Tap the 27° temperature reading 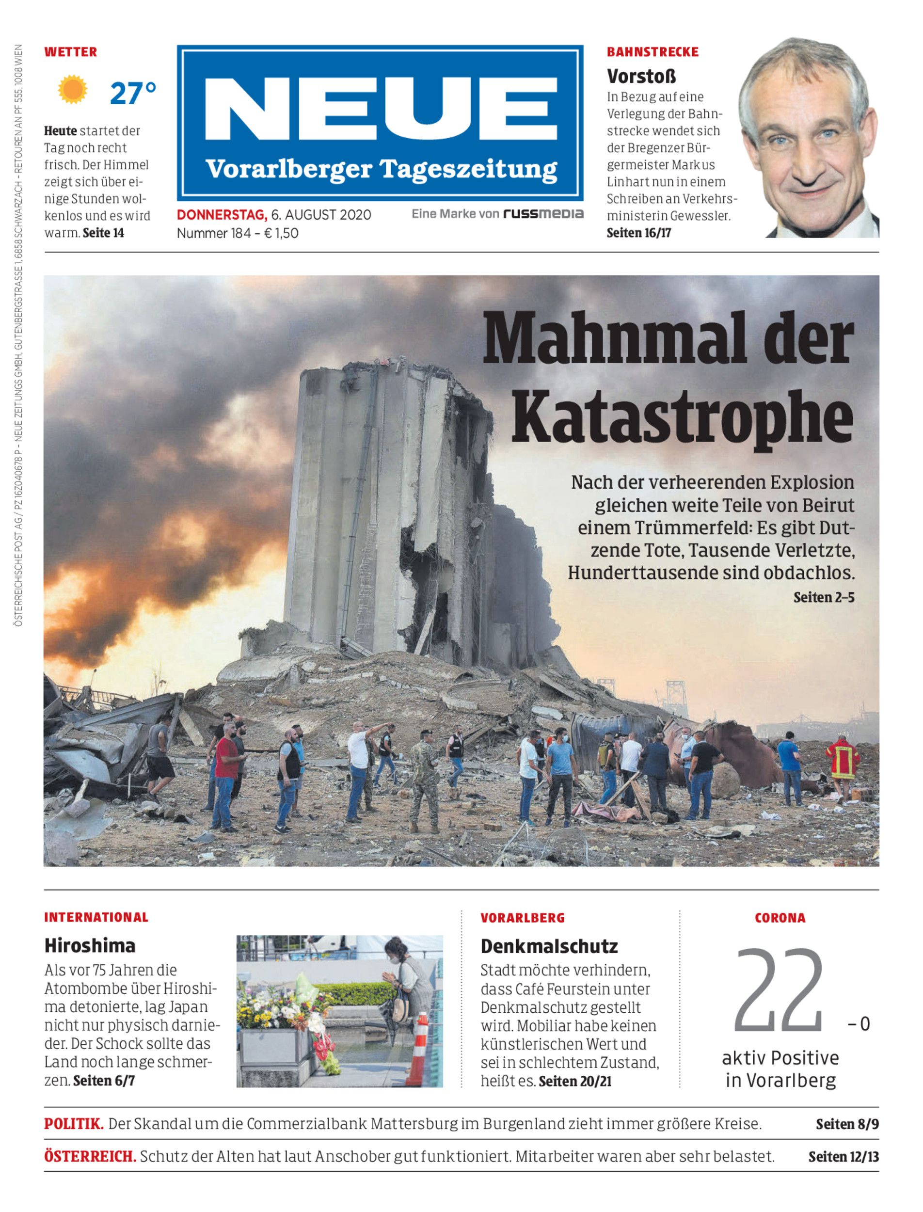click(x=133, y=93)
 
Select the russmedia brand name click(x=543, y=214)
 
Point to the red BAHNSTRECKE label click(x=652, y=52)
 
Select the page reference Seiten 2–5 click(x=824, y=597)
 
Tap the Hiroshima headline click(x=90, y=945)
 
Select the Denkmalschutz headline click(x=549, y=946)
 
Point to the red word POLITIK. click(x=74, y=1124)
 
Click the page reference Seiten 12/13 click(x=843, y=1157)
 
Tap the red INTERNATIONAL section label click(x=96, y=917)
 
